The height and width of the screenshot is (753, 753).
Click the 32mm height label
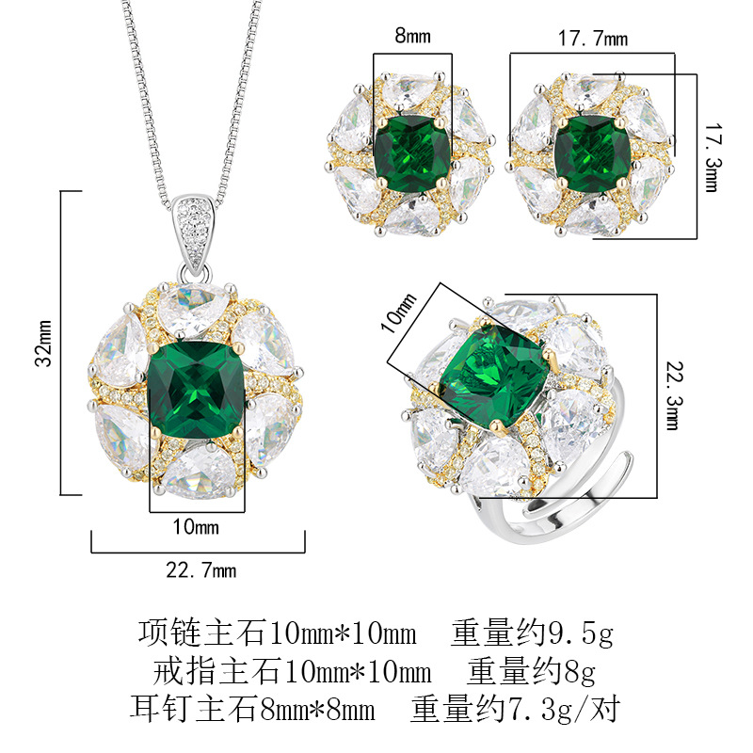tap(43, 343)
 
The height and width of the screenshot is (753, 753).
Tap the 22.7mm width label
tap(201, 570)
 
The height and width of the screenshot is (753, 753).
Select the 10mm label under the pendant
tap(196, 527)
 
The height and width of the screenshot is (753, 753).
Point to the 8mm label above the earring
tap(412, 36)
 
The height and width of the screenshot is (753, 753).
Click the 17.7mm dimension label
tap(593, 39)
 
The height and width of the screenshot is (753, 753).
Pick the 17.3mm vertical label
tap(713, 158)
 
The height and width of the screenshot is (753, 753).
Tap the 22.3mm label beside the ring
tap(675, 395)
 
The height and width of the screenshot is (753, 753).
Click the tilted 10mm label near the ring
tap(398, 312)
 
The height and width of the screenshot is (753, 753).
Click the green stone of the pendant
tap(197, 390)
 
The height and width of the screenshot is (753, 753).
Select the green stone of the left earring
tap(412, 151)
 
